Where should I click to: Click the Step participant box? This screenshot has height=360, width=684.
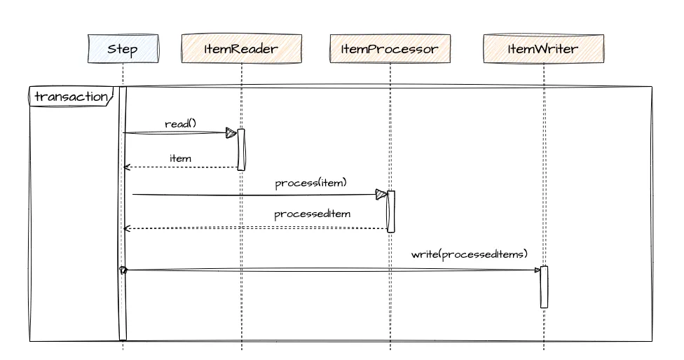(123, 50)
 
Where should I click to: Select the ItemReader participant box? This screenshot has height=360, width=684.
(241, 50)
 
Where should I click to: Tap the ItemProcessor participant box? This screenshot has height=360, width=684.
(390, 50)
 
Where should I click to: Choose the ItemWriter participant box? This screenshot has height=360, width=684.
(543, 50)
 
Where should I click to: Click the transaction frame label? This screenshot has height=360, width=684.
(71, 97)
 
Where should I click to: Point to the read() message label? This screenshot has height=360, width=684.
(180, 124)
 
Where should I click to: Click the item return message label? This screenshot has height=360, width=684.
(180, 158)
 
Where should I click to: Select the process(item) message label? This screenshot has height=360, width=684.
(310, 184)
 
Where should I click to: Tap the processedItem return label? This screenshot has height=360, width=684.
(312, 214)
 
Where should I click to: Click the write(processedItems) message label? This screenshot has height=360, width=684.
(469, 254)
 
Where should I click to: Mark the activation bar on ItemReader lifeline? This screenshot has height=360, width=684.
(241, 149)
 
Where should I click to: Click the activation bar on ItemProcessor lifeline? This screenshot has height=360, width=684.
(391, 211)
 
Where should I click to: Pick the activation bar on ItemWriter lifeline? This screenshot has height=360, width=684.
(544, 286)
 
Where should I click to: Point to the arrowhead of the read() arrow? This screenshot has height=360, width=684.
(231, 133)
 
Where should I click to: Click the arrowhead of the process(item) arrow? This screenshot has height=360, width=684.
(381, 194)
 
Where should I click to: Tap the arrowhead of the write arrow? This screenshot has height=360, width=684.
(537, 270)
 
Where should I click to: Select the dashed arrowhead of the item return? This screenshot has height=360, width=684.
(126, 167)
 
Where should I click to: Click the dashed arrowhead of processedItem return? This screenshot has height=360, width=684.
(126, 229)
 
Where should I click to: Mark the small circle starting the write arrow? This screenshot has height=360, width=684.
(123, 270)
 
